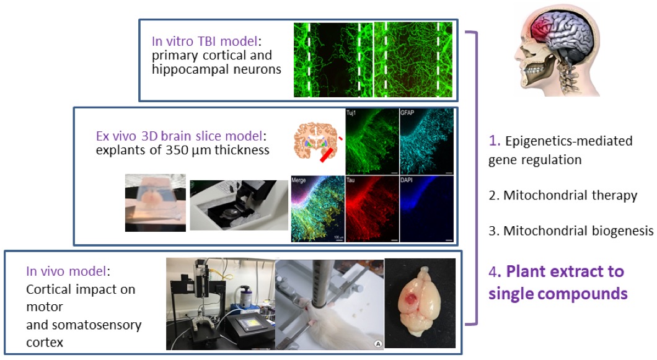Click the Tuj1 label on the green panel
pos(351,113)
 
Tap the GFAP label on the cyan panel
pos(407,113)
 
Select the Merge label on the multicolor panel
pos(299,180)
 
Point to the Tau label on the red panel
pos(351,180)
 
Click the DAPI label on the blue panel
pos(407,180)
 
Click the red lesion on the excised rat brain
pos(409,299)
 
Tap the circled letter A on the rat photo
pos(378,344)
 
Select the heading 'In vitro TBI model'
pos(205,41)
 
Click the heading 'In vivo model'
pos(66,271)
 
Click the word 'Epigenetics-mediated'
pos(569,141)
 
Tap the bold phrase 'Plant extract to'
pos(565,271)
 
